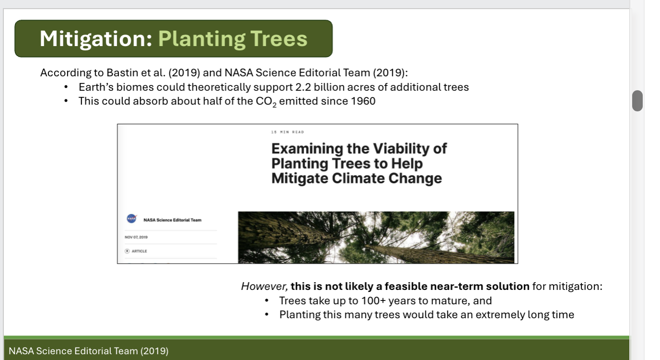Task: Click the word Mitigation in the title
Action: click(x=95, y=38)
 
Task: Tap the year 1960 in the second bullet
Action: click(x=363, y=101)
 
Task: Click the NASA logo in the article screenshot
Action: click(x=131, y=219)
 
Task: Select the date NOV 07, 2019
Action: click(x=136, y=237)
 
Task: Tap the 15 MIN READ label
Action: click(x=287, y=132)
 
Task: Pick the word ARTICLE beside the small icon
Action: click(x=139, y=251)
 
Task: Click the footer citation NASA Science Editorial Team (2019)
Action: click(x=88, y=351)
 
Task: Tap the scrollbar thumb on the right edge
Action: click(x=637, y=101)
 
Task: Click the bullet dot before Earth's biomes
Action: click(x=66, y=87)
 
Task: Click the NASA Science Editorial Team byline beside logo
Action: click(x=172, y=220)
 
